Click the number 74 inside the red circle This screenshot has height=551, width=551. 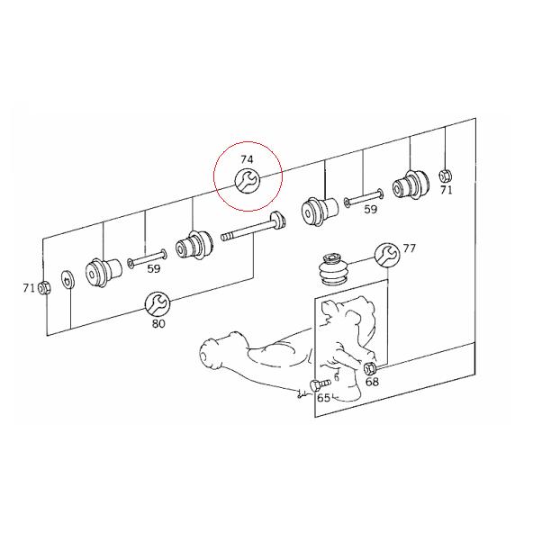248,159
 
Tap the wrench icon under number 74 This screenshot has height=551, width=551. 247,181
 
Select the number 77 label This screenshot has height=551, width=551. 410,248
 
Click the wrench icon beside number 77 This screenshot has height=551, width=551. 386,254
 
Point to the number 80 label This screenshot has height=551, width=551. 158,323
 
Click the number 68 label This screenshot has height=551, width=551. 371,382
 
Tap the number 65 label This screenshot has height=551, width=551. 322,398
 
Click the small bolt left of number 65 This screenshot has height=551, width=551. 314,385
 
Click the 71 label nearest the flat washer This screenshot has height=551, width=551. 29,288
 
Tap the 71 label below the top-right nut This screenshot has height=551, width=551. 447,190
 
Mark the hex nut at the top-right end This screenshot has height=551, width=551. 445,175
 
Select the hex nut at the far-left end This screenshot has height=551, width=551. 45,287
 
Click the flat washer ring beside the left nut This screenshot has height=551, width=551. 68,281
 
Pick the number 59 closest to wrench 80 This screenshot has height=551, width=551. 154,268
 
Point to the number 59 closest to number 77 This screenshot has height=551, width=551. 370,209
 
